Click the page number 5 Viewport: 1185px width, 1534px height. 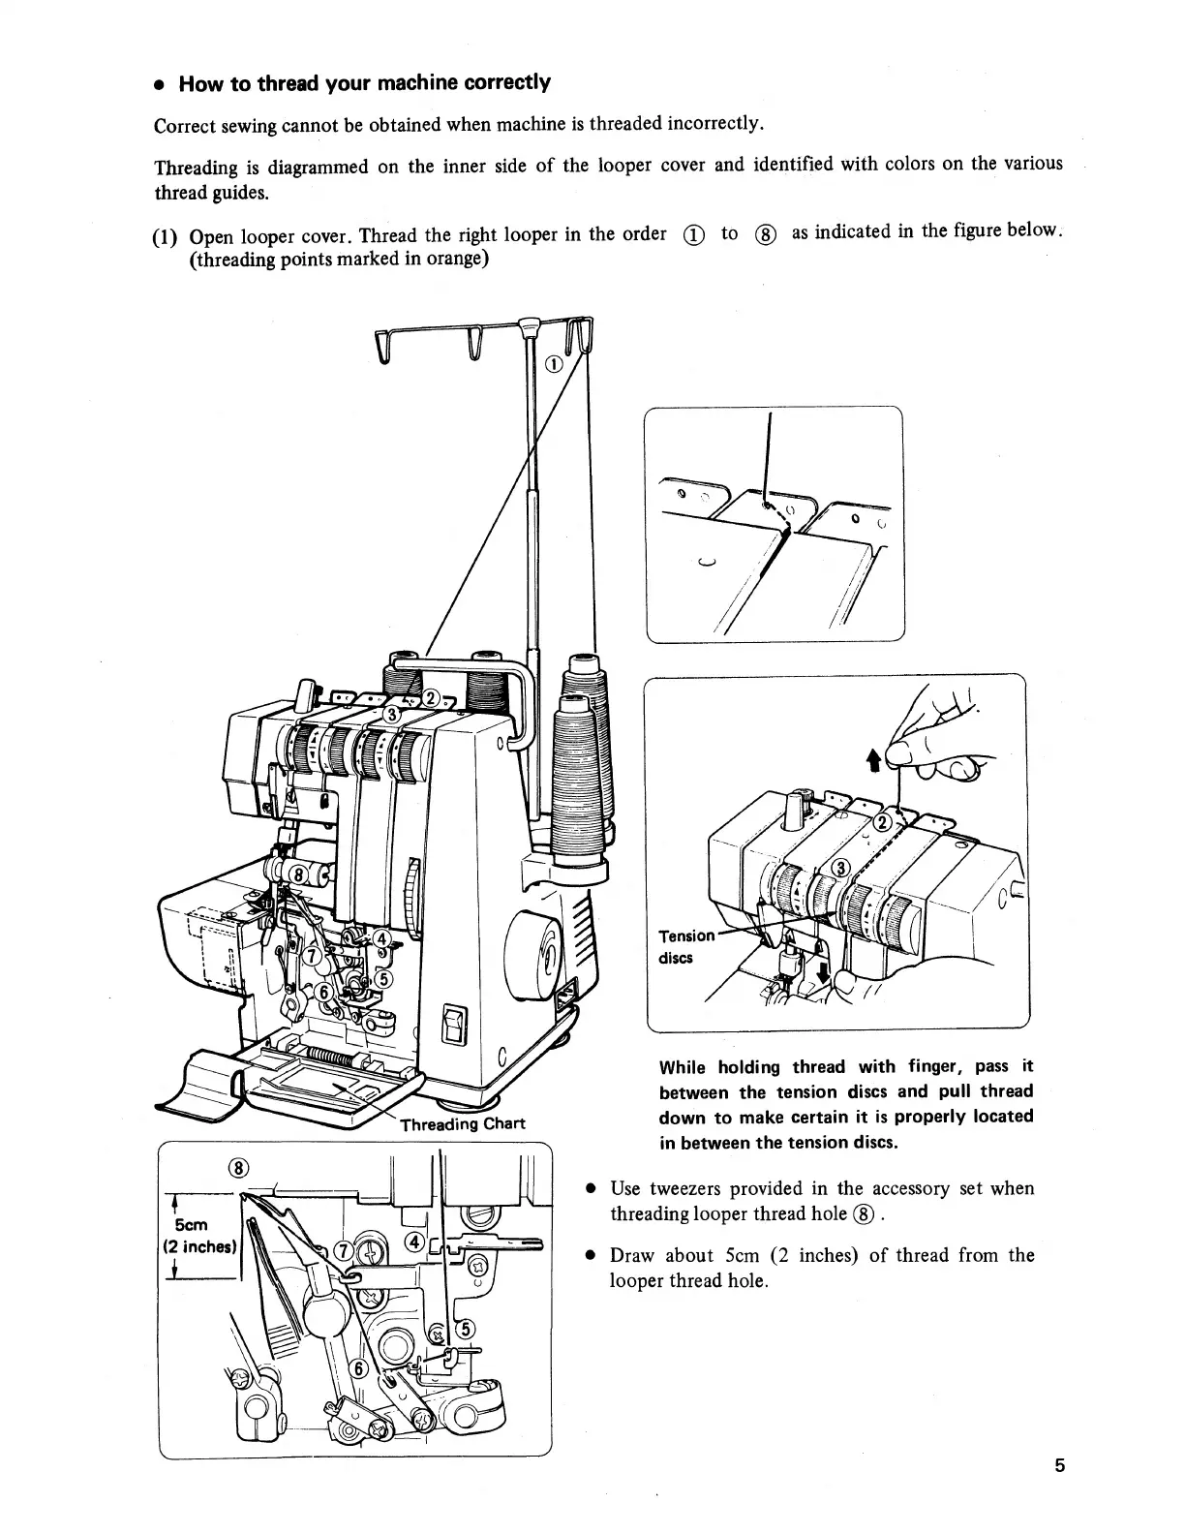pos(1060,1464)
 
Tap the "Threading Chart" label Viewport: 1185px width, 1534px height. pos(463,1123)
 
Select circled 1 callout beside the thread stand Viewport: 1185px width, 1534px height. pos(553,364)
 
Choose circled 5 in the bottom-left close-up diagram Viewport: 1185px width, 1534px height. pos(463,1328)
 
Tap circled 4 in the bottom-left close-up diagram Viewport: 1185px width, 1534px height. pos(414,1243)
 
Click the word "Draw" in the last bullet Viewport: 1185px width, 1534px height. pos(632,1256)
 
